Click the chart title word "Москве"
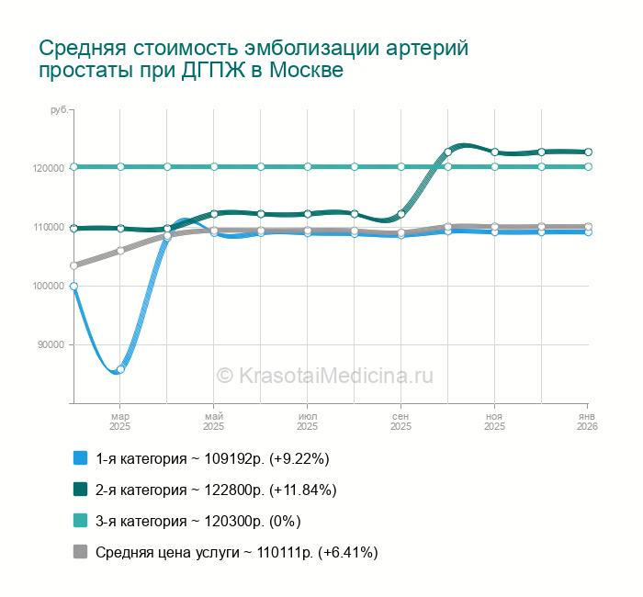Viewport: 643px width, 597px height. click(307, 72)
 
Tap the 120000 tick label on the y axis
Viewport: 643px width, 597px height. click(47, 168)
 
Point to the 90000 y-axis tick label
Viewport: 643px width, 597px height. click(50, 344)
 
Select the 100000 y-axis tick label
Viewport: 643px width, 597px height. click(47, 286)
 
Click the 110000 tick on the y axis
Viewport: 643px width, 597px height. click(47, 227)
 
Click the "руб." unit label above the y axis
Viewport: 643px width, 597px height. click(59, 110)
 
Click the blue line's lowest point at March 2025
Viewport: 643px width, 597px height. click(119, 369)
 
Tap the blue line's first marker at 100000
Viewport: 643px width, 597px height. click(73, 286)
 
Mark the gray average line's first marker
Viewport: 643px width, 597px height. click(73, 265)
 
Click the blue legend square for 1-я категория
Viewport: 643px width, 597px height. click(80, 458)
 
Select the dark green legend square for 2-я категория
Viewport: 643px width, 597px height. click(80, 490)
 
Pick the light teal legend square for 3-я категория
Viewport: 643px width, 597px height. click(80, 521)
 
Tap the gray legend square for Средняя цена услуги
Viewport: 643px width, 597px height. click(80, 552)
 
